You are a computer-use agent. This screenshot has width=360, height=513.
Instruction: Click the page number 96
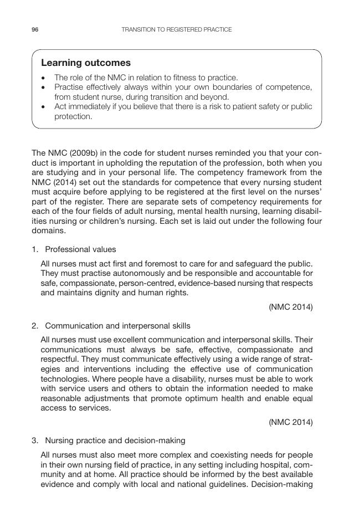coord(35,29)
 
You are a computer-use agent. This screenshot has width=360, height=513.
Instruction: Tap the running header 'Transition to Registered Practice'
coord(176,29)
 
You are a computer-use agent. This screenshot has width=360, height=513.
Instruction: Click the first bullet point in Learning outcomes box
coord(44,78)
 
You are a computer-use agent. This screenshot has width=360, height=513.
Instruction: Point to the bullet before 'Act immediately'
coord(44,106)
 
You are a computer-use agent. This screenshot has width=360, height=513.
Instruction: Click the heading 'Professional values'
coord(80,249)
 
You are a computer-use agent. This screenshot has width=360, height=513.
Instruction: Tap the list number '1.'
coord(35,249)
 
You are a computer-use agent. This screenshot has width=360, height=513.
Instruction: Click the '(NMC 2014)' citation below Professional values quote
coord(291,307)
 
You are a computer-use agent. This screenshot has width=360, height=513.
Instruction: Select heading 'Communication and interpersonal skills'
coord(117,326)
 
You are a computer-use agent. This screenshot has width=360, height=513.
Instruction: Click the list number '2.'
coord(35,326)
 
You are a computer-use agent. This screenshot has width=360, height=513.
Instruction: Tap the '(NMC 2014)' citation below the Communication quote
coord(291,422)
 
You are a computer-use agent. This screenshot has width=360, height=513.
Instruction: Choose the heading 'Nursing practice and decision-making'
coord(115,441)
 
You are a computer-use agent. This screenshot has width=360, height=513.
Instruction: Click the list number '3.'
coord(35,441)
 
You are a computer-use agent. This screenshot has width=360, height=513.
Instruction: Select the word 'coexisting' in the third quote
coord(227,455)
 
